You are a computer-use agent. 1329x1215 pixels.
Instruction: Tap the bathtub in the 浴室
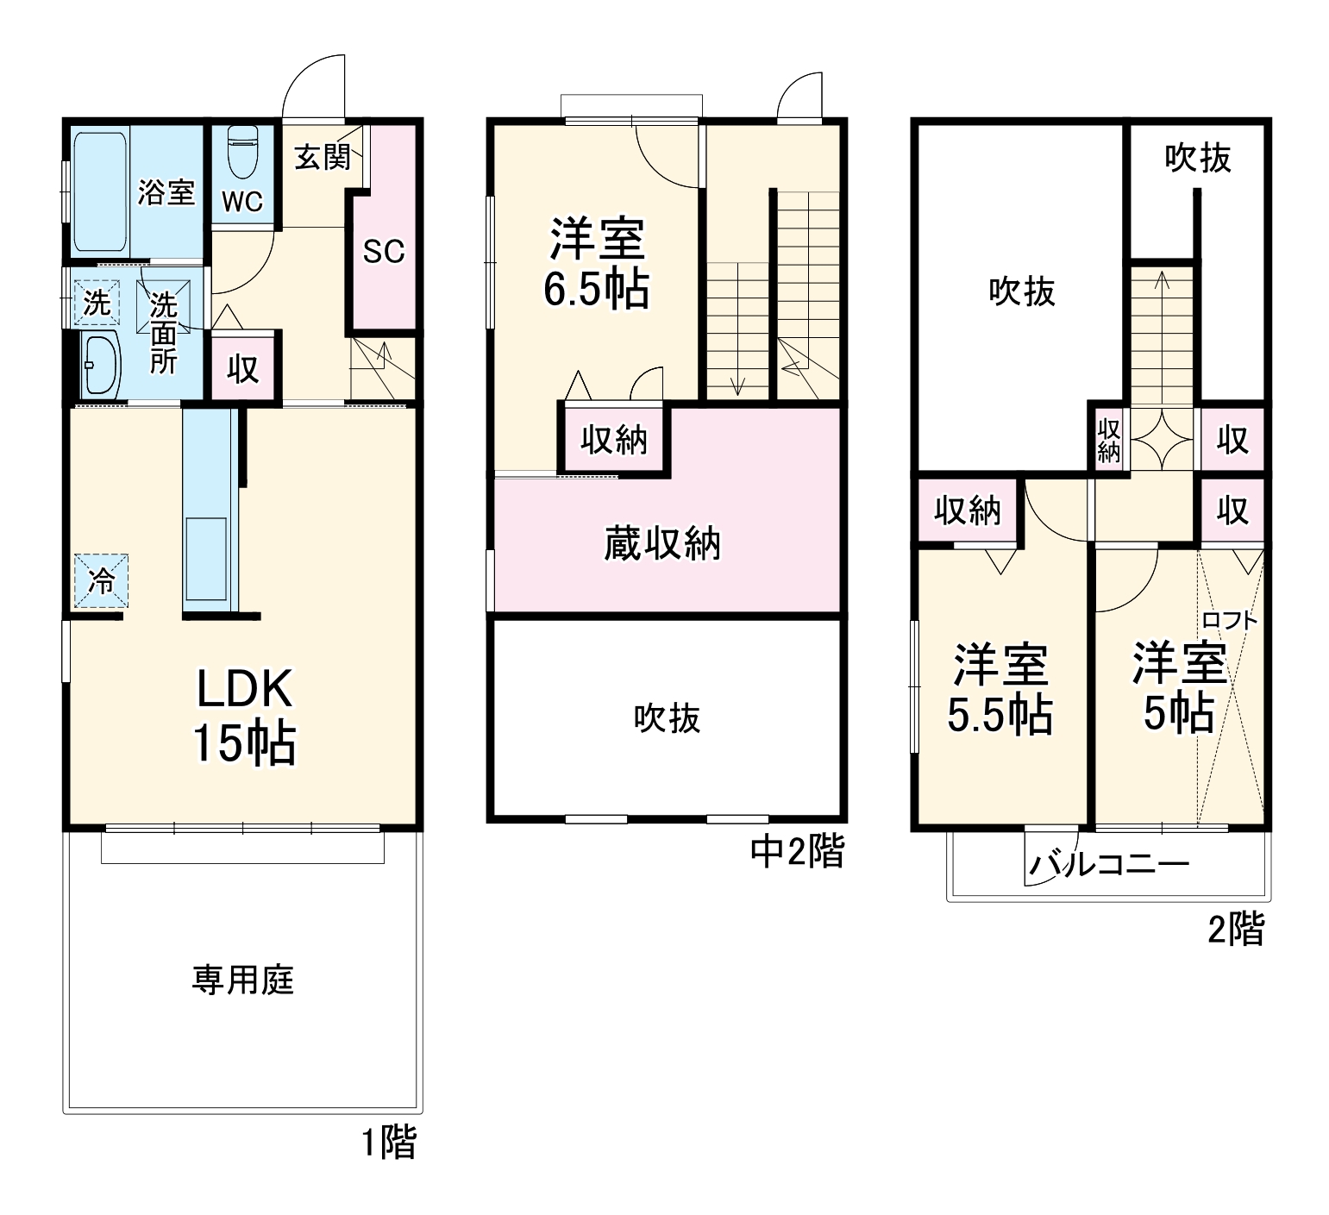point(99,191)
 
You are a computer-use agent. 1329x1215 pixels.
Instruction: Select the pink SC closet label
point(383,252)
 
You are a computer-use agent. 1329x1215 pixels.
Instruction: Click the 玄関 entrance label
point(322,158)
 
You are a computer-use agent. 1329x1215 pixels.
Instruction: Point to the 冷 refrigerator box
point(100,581)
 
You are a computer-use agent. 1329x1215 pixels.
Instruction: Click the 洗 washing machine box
point(97,303)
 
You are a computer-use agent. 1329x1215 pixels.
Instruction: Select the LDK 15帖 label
point(245,716)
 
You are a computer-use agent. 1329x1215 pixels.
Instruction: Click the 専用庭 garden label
point(243,980)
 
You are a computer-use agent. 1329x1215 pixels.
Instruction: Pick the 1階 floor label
point(389,1143)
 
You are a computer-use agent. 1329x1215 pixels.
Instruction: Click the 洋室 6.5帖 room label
point(597,264)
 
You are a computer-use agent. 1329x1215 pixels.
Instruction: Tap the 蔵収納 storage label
point(661,544)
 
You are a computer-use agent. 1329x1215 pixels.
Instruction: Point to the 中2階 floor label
point(797,852)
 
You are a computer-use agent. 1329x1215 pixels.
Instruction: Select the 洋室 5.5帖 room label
point(1000,689)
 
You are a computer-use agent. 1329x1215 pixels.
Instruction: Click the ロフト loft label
point(1229,619)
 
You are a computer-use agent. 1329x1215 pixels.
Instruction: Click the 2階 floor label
point(1236,930)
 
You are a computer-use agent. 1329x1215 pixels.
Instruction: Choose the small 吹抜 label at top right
point(1198,158)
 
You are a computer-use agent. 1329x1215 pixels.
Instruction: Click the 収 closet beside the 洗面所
point(243,369)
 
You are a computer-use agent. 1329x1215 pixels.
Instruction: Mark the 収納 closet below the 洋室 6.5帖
point(613,440)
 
